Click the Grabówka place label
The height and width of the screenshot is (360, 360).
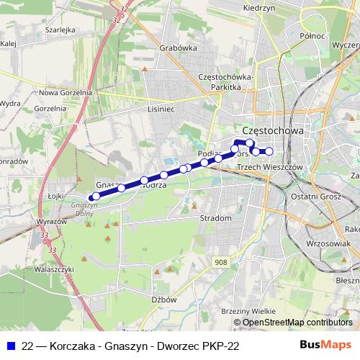click(x=180, y=49)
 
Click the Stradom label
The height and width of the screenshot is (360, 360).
click(x=217, y=217)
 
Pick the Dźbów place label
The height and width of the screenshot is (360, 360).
click(x=164, y=299)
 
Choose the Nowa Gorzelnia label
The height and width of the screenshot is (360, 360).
click(x=66, y=92)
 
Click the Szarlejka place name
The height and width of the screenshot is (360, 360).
click(x=60, y=30)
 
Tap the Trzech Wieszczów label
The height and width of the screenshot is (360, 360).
click(x=267, y=167)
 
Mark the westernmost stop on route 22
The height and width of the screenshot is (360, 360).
click(x=94, y=197)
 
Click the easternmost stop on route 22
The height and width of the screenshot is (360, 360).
click(x=269, y=151)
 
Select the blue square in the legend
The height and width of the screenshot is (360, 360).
click(x=10, y=346)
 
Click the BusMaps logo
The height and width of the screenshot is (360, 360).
click(x=326, y=346)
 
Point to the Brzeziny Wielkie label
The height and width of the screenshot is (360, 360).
click(x=248, y=310)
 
